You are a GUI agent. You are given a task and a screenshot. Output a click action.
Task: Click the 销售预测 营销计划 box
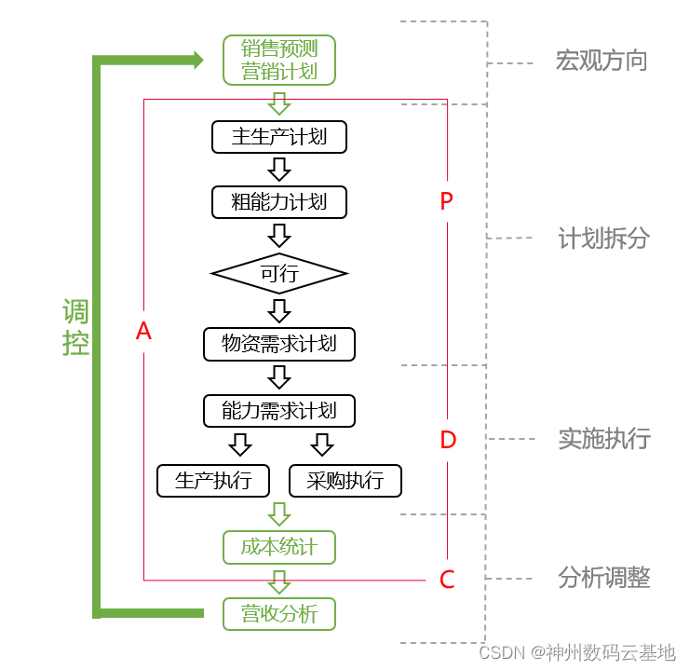[x=279, y=60]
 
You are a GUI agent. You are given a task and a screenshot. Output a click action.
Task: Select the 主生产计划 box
[x=279, y=137]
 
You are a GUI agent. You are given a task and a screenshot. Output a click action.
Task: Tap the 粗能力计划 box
[x=279, y=201]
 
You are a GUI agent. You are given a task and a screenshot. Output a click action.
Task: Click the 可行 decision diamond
[x=279, y=273]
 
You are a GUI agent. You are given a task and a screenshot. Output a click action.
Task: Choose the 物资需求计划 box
[x=279, y=344]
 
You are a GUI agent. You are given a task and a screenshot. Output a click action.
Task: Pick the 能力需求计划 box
[x=279, y=410]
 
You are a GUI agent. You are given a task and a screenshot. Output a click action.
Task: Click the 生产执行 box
[x=213, y=481]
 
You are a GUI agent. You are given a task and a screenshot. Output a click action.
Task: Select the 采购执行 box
[x=345, y=481]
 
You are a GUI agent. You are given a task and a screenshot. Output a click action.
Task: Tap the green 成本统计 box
[x=279, y=547]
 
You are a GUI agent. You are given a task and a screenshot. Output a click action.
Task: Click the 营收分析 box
[x=279, y=614]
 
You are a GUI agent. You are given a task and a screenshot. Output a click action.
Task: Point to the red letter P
[x=446, y=201]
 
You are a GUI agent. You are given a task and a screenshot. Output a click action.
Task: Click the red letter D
[x=448, y=440]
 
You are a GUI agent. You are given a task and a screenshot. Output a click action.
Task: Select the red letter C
[x=447, y=580]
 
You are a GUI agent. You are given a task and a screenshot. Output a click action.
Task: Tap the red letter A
[x=143, y=331]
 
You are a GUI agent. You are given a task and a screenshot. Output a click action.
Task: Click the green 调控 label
[x=76, y=328]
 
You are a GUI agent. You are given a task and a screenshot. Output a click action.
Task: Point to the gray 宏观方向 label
[x=602, y=62]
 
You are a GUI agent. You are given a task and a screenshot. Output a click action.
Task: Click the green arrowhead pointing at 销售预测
[x=197, y=61]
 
